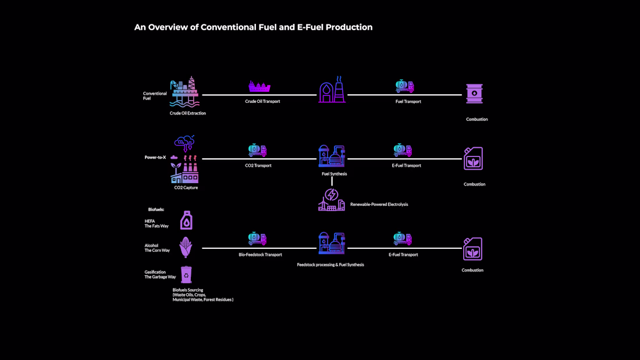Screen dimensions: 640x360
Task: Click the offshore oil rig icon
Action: coord(184,92)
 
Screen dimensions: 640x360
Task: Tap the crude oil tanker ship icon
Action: coord(259,87)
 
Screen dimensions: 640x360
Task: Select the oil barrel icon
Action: coord(474,94)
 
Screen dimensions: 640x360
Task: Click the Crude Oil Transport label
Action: coord(262,101)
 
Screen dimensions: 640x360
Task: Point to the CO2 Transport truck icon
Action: coord(258,150)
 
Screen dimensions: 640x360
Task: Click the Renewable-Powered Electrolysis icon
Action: coord(332,199)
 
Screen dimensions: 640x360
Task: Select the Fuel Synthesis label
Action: coord(335,173)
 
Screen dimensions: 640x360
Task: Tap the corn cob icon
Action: coord(186,247)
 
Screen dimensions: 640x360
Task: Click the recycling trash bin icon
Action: coord(186,275)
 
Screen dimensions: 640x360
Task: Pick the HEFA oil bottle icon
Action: coord(187,220)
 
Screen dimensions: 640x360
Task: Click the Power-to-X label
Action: coord(155,157)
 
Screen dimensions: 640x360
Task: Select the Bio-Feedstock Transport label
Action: coord(261,255)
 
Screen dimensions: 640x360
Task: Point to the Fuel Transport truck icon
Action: coord(405,86)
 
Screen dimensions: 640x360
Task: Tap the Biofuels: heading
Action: coord(156,209)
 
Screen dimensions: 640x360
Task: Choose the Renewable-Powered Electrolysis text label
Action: coord(379,204)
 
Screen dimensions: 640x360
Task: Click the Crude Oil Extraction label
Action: coord(188,113)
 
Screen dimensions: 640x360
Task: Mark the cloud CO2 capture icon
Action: coord(184,143)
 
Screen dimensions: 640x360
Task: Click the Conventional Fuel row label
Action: coord(155,95)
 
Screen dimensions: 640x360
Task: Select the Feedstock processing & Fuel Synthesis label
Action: coord(330,265)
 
